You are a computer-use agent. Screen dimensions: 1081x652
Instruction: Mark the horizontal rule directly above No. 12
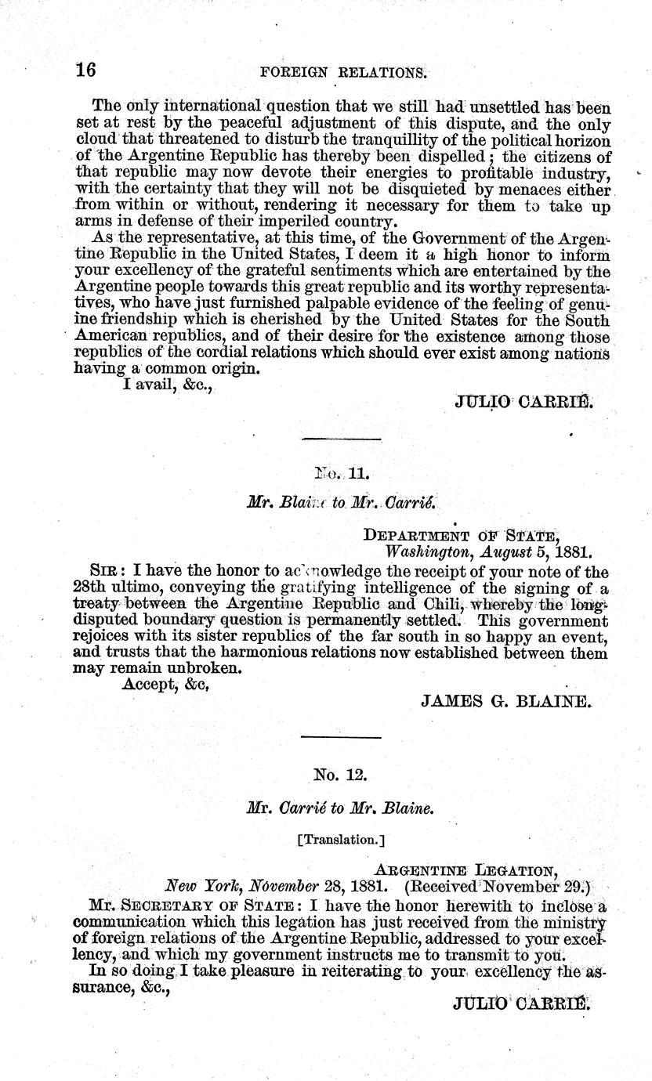coord(341,737)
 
